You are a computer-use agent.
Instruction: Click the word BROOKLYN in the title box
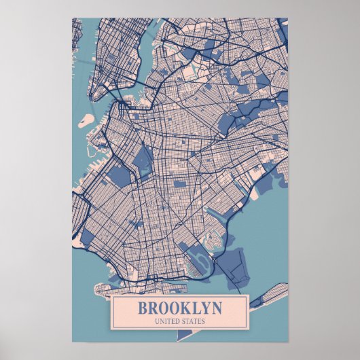tap(179, 307)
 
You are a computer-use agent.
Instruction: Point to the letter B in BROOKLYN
tap(143, 307)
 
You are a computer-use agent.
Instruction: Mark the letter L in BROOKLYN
tap(192, 307)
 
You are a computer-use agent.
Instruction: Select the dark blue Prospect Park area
tap(143, 160)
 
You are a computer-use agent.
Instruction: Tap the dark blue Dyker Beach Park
tap(88, 238)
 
